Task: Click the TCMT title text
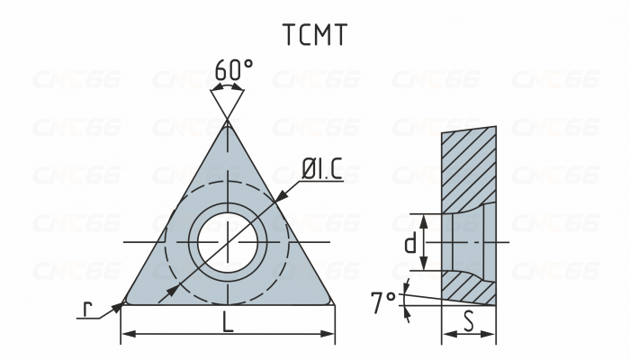[314, 34]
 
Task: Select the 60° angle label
[233, 69]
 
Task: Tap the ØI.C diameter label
[321, 168]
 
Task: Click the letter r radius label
[87, 308]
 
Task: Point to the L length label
[228, 322]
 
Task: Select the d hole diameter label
[410, 243]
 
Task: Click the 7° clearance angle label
[382, 301]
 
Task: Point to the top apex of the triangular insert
[228, 124]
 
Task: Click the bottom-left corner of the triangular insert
[124, 301]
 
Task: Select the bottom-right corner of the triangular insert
[331, 301]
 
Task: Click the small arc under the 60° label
[228, 88]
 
